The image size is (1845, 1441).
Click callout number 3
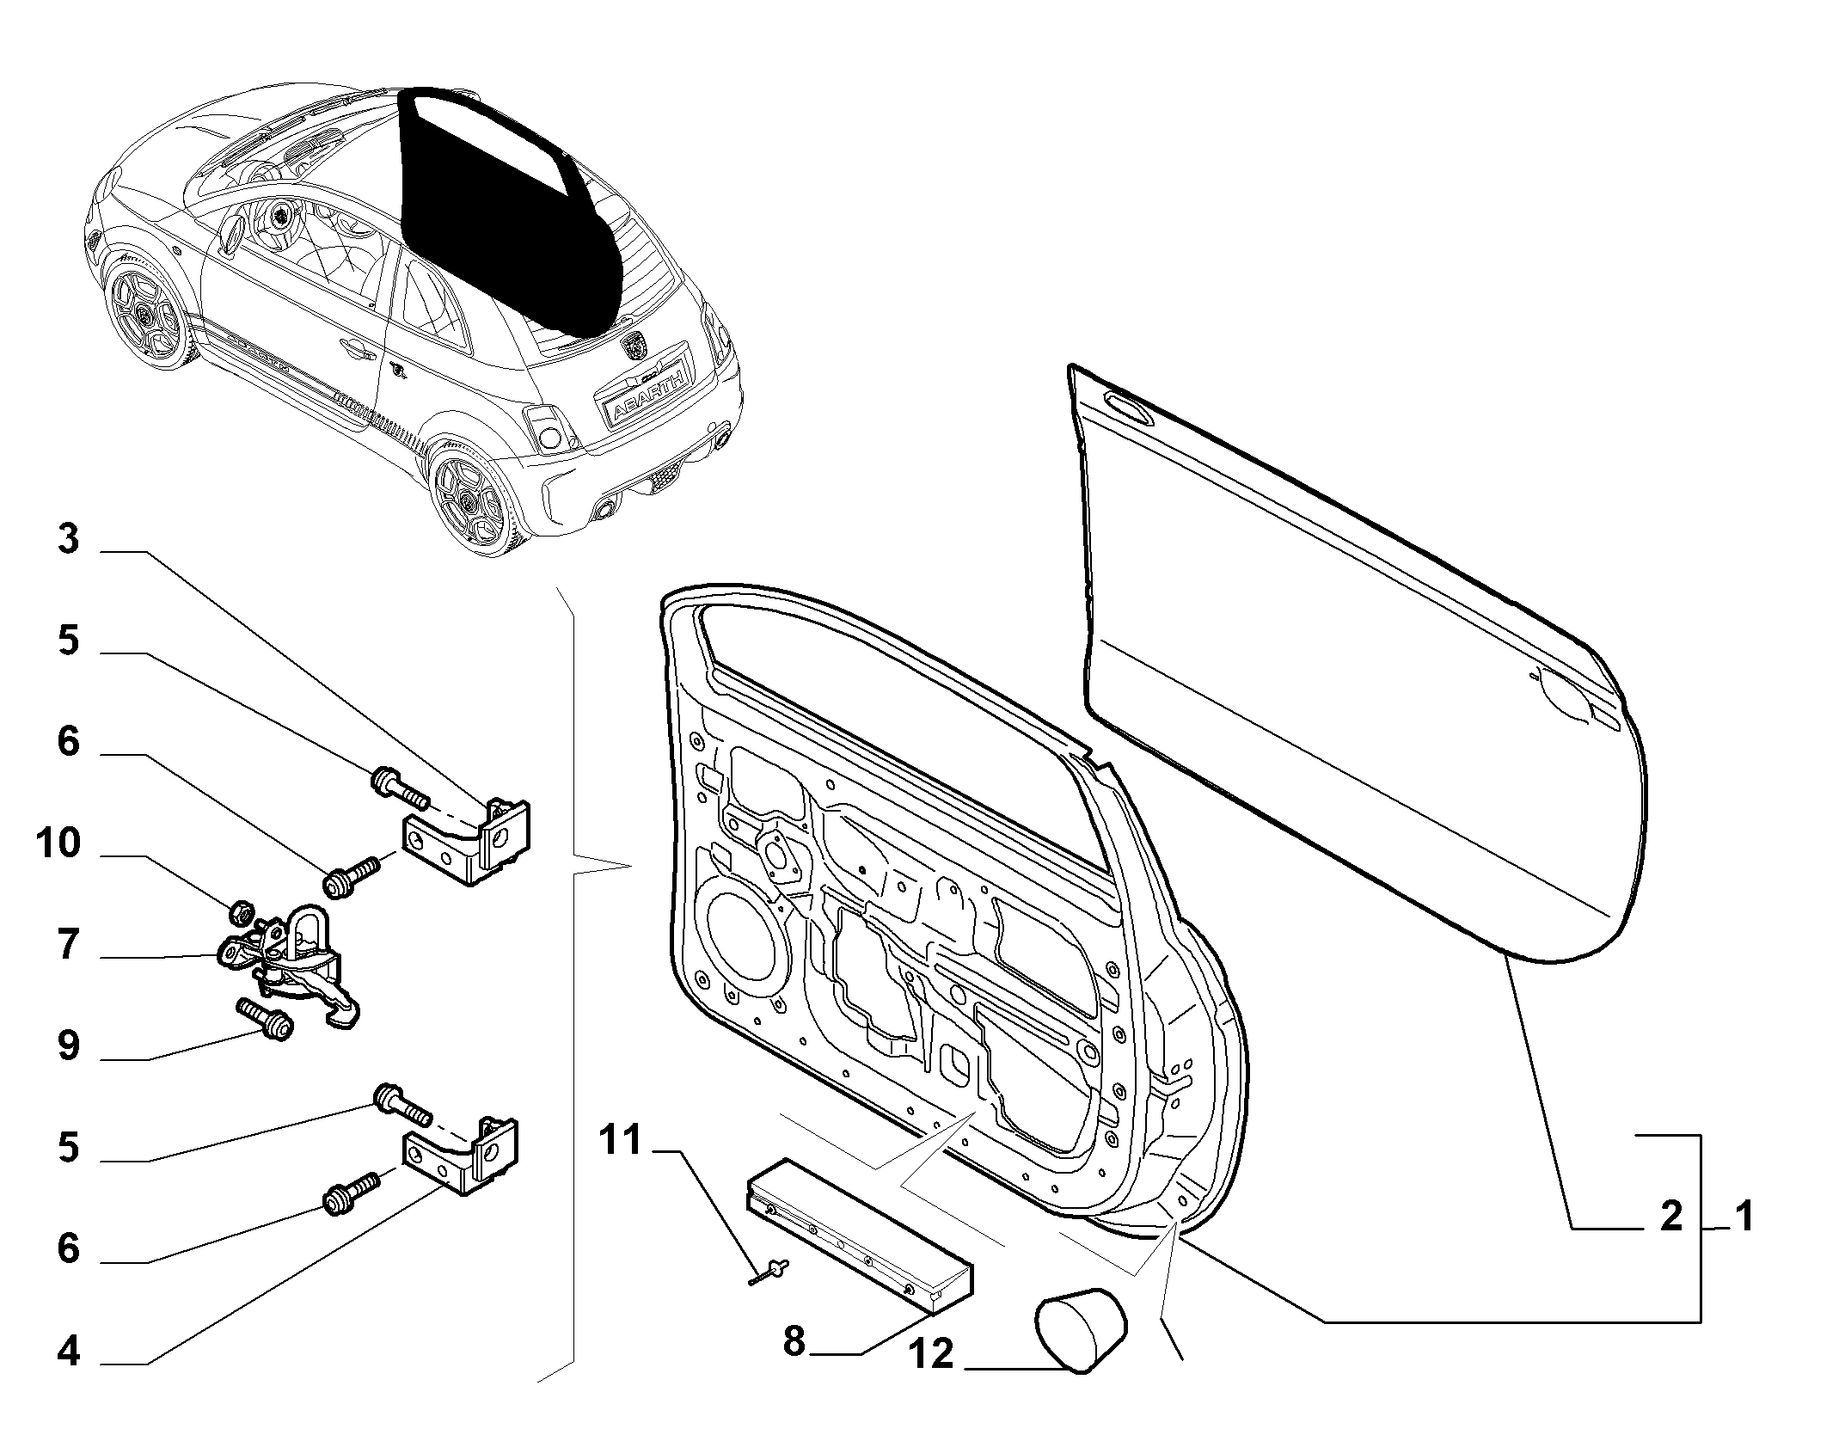pyautogui.click(x=68, y=540)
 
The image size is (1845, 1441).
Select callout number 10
pyautogui.click(x=58, y=843)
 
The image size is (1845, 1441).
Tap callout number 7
pyautogui.click(x=69, y=945)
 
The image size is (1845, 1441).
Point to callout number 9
pyautogui.click(x=68, y=1046)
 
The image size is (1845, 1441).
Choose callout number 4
pyautogui.click(x=68, y=1351)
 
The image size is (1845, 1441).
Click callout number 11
pyautogui.click(x=621, y=1140)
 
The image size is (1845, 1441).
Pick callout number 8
pyautogui.click(x=794, y=1340)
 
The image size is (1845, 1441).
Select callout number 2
pyautogui.click(x=1670, y=1217)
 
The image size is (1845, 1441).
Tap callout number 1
pyautogui.click(x=1743, y=1217)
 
